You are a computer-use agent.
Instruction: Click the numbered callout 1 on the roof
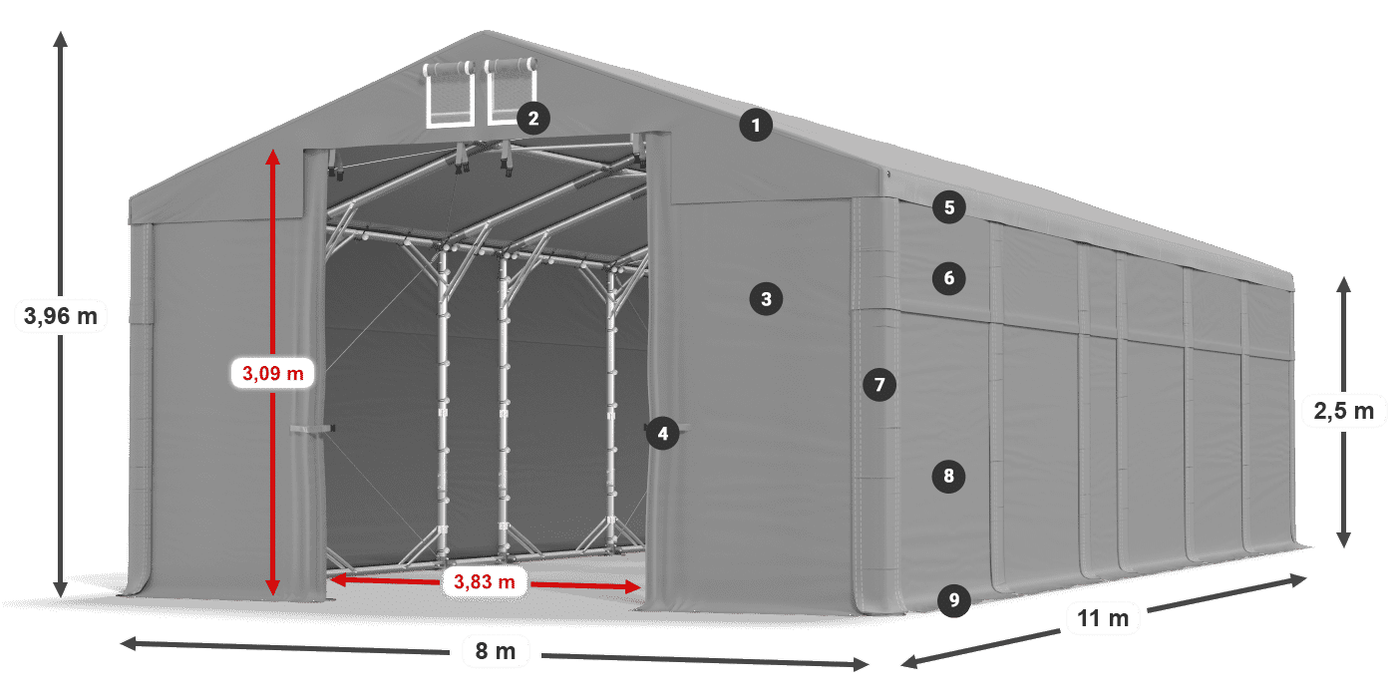tap(756, 126)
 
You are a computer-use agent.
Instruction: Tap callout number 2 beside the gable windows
tap(532, 119)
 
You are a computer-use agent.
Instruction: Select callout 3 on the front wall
tap(766, 298)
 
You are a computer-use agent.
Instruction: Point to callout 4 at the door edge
tap(662, 433)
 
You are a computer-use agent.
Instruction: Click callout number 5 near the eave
tap(949, 207)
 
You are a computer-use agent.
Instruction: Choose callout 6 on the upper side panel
tap(949, 278)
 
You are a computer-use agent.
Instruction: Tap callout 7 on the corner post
tap(878, 384)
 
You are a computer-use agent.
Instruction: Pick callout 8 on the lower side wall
tap(948, 476)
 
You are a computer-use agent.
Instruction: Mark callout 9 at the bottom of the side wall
tap(954, 600)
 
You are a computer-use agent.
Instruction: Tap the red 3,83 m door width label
tap(485, 581)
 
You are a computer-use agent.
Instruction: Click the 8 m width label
tap(495, 652)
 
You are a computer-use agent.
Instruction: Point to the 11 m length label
tap(1103, 618)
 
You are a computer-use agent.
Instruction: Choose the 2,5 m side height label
tap(1343, 410)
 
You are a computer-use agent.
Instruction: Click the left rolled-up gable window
tap(450, 95)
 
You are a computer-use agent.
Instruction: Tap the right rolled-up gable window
tap(511, 92)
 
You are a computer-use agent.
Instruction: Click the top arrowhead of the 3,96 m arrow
tap(60, 38)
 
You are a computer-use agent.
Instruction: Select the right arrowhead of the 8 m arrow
tap(864, 663)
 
